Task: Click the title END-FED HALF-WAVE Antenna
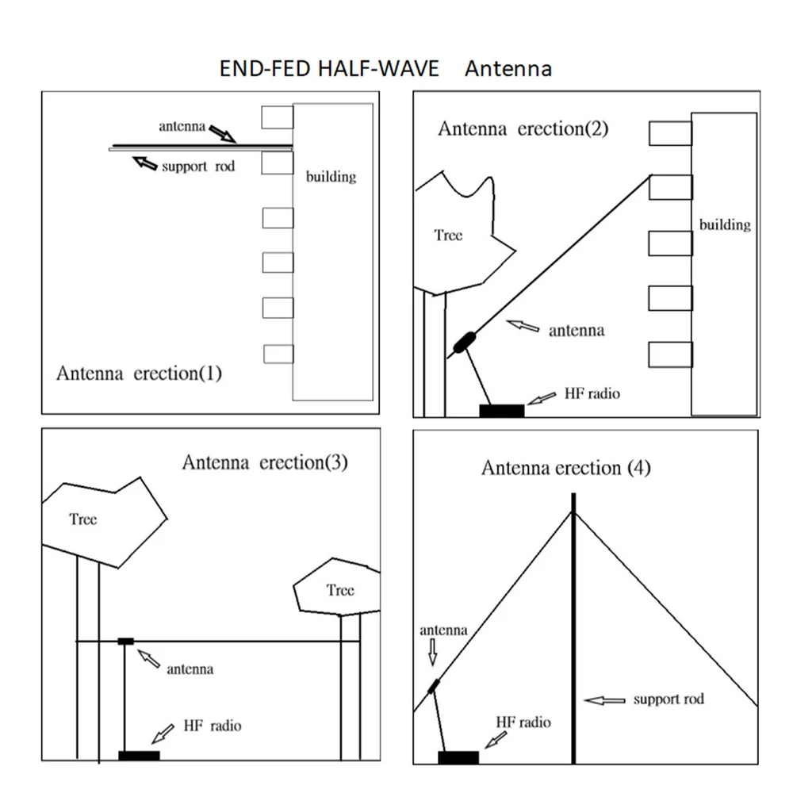tap(385, 69)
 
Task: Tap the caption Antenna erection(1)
tap(139, 374)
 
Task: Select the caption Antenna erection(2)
tap(523, 128)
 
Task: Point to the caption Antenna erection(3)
tap(265, 462)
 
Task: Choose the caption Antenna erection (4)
tap(566, 468)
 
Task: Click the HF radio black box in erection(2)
tap(502, 411)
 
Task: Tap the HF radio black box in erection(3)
tap(139, 756)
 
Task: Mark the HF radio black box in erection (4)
tap(458, 757)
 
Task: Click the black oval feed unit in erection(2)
tap(464, 343)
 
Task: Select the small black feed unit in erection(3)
tap(125, 642)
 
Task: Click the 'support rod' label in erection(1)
tap(198, 167)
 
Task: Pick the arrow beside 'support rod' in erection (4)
tap(605, 700)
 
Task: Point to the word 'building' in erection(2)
tap(725, 224)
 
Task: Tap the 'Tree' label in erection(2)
tap(448, 236)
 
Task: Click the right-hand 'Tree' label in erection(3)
tap(340, 590)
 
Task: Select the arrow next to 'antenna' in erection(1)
tap(223, 133)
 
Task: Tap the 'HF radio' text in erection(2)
tap(592, 393)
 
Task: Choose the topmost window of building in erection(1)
tap(277, 117)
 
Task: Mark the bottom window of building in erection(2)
tap(671, 354)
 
